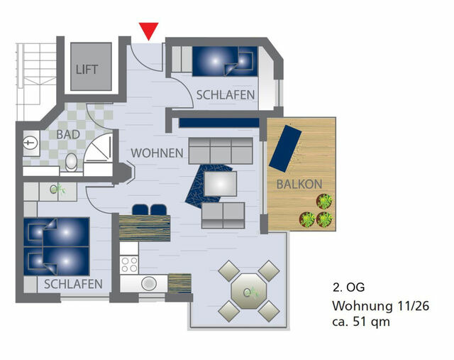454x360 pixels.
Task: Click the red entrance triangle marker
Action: coord(149,31)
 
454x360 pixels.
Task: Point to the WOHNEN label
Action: coord(157,153)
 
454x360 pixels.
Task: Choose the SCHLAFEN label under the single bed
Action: coord(226,94)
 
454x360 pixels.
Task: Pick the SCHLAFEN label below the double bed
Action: coord(73,283)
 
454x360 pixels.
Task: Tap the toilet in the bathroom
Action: coord(71,163)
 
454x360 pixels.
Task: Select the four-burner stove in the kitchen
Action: coord(129,264)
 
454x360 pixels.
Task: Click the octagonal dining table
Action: coord(248,290)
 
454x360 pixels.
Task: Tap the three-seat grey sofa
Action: coord(221,151)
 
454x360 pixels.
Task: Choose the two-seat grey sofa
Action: coord(223,214)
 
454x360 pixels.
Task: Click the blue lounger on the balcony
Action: coord(284,148)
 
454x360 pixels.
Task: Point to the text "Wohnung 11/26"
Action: coord(380,306)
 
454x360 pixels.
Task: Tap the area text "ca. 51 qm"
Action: coord(361,322)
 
